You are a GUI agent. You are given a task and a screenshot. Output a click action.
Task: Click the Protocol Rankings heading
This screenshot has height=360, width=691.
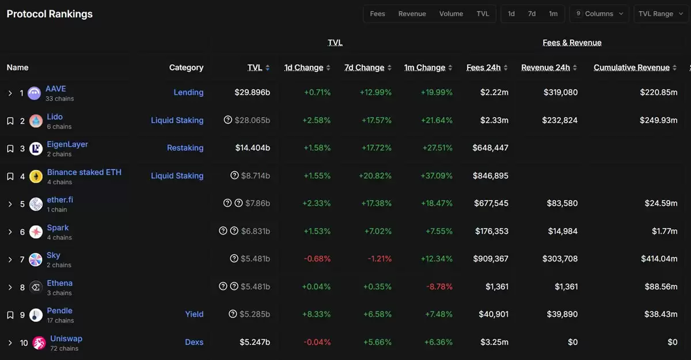click(x=50, y=14)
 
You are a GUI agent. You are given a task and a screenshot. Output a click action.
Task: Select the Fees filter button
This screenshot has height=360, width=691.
click(x=377, y=14)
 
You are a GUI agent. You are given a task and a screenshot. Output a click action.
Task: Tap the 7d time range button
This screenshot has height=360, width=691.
click(x=531, y=14)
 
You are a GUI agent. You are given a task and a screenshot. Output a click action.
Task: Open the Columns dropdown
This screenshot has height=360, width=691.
click(x=599, y=14)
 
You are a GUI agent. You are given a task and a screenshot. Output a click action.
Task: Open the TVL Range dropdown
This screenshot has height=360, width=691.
click(x=660, y=14)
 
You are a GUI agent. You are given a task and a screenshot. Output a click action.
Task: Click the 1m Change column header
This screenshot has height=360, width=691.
click(x=424, y=67)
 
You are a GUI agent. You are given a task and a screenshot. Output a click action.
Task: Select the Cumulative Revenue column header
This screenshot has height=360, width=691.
click(x=631, y=67)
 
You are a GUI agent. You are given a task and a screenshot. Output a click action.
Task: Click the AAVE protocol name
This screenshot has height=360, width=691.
click(x=56, y=89)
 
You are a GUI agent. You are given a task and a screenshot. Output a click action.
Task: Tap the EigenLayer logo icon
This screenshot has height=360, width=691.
click(x=36, y=149)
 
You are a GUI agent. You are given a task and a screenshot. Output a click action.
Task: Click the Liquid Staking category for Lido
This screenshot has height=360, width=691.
click(x=177, y=120)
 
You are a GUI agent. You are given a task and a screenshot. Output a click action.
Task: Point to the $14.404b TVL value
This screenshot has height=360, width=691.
click(x=252, y=148)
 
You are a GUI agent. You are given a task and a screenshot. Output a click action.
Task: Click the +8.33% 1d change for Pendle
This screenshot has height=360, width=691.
click(x=317, y=314)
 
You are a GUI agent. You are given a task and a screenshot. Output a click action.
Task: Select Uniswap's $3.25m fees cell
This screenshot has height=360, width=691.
click(x=494, y=342)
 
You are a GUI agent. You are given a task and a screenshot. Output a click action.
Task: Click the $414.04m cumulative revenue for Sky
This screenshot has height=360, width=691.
click(x=658, y=259)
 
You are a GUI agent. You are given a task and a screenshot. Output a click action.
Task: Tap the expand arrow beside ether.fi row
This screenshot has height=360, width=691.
click(x=10, y=204)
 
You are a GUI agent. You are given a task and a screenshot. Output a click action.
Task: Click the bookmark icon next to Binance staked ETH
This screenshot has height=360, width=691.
click(x=10, y=176)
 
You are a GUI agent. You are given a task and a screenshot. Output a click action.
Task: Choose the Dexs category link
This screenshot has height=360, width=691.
click(x=194, y=342)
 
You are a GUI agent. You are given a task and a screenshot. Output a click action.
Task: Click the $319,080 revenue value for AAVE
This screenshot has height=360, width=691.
click(x=560, y=92)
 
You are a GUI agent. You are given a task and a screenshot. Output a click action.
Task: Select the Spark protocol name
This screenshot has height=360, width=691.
click(x=58, y=228)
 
